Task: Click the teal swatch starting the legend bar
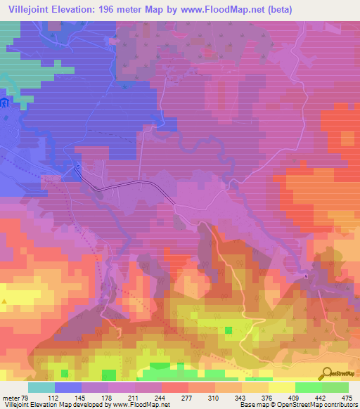41,388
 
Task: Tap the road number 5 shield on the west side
77,167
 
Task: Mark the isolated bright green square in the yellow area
228,330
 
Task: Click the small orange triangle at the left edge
5,301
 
